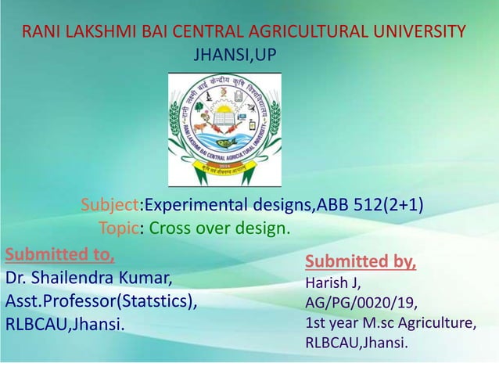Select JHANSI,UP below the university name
(234, 54)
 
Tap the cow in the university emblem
(199, 126)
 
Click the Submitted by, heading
(361, 261)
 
